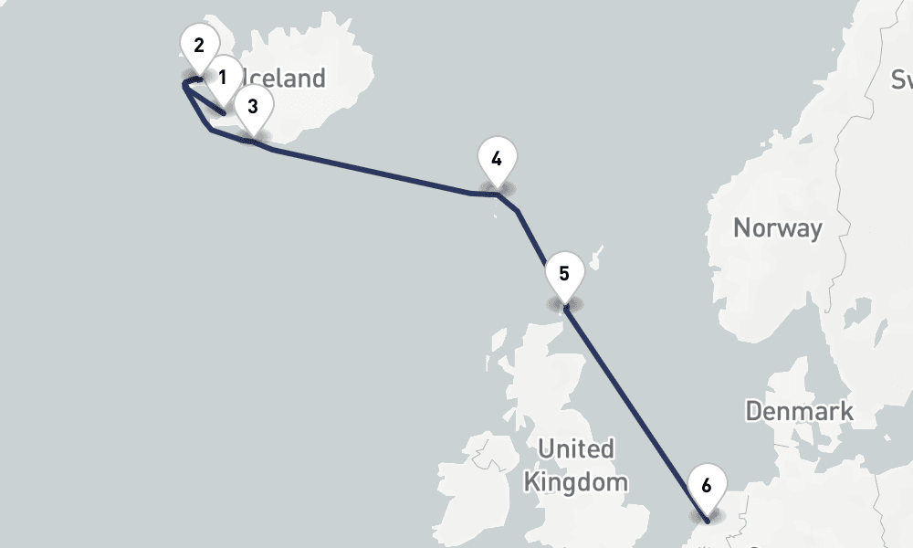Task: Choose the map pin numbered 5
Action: [x=563, y=274]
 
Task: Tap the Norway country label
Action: [x=778, y=227]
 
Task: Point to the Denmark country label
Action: [x=799, y=411]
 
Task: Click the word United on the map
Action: [x=575, y=449]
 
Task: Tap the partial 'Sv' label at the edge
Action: [x=902, y=80]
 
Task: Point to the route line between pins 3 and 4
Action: [x=374, y=173]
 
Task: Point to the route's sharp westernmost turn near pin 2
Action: [x=184, y=84]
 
